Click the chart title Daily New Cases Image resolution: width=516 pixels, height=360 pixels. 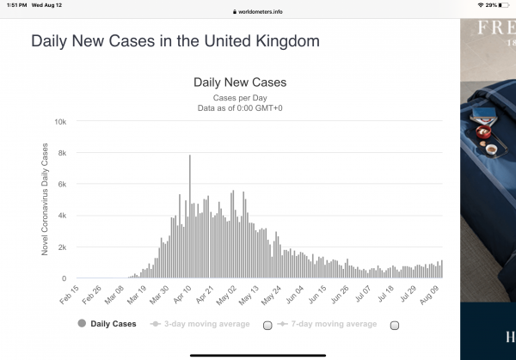pos(240,83)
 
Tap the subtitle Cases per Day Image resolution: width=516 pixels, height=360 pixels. pos(240,99)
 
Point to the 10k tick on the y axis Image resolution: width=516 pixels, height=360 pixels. pos(60,122)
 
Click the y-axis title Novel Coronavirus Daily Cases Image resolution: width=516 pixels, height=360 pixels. pos(46,199)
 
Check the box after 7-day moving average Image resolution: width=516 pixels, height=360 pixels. pos(396,325)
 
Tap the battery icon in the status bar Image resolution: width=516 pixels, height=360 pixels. pos(506,5)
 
